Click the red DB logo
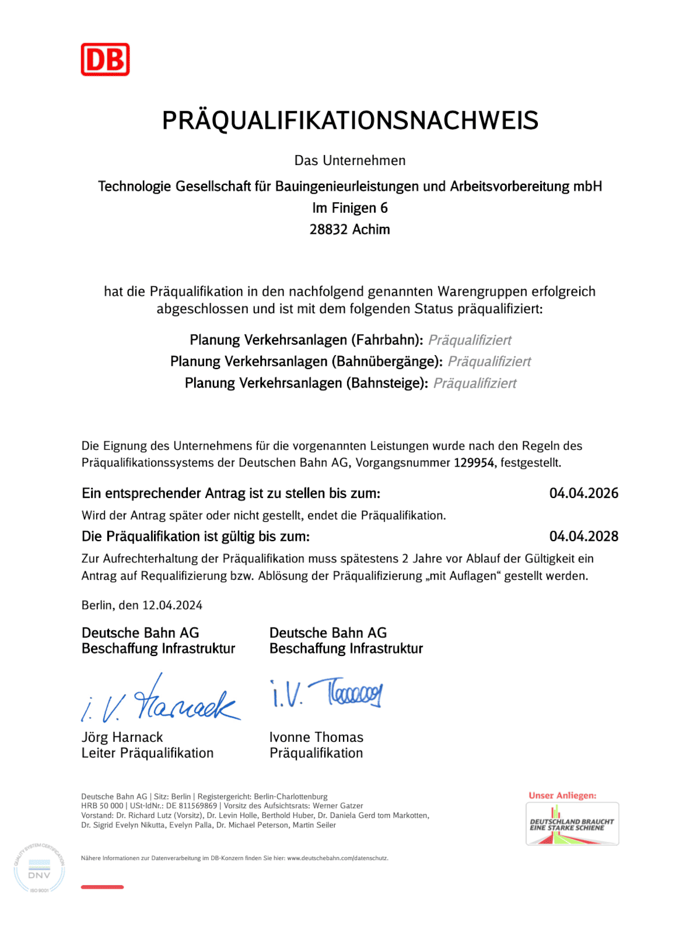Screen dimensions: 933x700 pos(105,59)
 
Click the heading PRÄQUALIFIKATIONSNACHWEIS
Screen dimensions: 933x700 pos(350,121)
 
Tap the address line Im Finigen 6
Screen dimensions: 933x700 pos(350,208)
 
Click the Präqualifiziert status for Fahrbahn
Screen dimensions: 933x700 pos(470,340)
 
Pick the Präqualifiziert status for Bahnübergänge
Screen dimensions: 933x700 pos(489,362)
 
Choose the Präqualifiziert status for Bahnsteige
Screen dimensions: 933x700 pos(475,383)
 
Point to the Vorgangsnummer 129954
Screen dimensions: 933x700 pos(474,463)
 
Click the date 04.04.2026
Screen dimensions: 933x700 pos(583,493)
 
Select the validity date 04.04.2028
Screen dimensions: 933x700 pos(583,536)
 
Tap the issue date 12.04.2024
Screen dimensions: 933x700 pos(172,605)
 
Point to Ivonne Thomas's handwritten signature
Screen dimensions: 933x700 pos(327,693)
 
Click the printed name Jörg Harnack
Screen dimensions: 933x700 pos(123,737)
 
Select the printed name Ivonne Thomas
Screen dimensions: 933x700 pos(316,737)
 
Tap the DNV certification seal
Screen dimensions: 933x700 pos(39,869)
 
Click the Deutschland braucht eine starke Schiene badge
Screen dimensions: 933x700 pos(572,824)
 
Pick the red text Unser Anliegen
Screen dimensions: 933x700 pos(562,795)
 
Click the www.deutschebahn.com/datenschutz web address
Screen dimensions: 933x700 pos(337,858)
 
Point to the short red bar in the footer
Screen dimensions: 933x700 pos(102,887)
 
